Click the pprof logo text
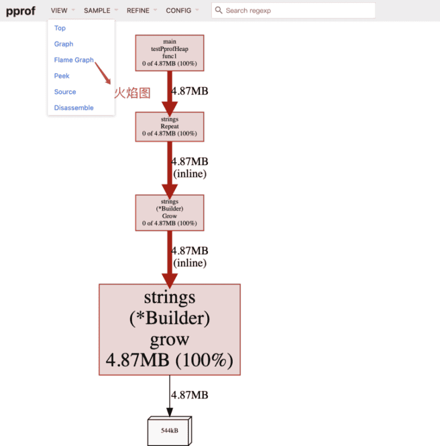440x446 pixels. click(21, 11)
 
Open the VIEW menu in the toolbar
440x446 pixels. click(59, 11)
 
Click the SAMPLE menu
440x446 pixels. click(97, 11)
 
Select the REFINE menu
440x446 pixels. click(138, 11)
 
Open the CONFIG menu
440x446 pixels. click(178, 11)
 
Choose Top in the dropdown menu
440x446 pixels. click(60, 28)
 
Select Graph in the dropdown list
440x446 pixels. click(64, 44)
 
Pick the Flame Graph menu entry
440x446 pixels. click(74, 60)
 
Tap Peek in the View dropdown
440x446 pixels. click(62, 76)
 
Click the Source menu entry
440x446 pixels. click(65, 92)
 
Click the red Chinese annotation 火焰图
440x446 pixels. click(132, 93)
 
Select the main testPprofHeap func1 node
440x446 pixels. click(170, 53)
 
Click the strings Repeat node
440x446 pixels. click(170, 126)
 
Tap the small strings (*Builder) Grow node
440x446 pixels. click(170, 212)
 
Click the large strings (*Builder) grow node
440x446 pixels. click(170, 330)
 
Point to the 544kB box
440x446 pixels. click(170, 430)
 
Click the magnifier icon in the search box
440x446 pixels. click(219, 11)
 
